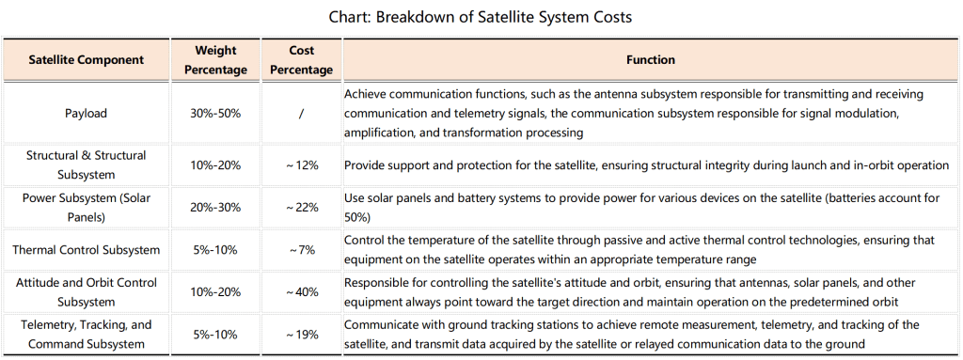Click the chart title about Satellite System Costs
click(481, 17)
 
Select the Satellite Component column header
click(86, 60)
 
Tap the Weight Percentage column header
click(215, 60)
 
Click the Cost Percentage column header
click(301, 60)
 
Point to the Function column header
click(651, 60)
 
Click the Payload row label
click(86, 114)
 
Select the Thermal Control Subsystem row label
click(86, 250)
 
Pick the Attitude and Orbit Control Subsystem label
click(86, 292)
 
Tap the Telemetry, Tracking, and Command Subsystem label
click(86, 335)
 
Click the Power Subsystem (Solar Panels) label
click(86, 208)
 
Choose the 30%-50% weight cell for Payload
click(215, 114)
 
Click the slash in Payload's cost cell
click(301, 114)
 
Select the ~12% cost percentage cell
click(302, 165)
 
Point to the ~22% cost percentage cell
click(302, 208)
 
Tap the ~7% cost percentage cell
click(302, 250)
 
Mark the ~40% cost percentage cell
click(302, 292)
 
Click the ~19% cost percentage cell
click(302, 335)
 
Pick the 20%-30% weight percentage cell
click(215, 208)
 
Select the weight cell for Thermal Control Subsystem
click(215, 250)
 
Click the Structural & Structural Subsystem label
click(86, 165)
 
